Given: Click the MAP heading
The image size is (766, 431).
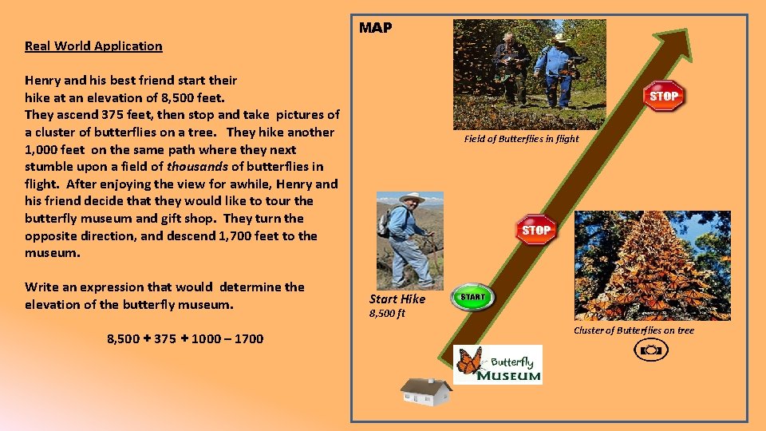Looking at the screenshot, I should point(375,28).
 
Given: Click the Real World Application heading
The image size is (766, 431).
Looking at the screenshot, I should point(93,45).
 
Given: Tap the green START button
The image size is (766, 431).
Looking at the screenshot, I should point(472,297).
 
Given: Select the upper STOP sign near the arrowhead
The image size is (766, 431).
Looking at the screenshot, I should point(664,96).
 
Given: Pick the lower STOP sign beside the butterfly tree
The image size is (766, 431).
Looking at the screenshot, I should point(535,230).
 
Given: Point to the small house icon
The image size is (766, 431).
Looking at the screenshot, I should point(426,391).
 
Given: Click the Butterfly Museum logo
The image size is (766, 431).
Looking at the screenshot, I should point(498,365).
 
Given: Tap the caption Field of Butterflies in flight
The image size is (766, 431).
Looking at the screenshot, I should point(521,139).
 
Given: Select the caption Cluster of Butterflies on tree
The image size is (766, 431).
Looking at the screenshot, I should point(634,330).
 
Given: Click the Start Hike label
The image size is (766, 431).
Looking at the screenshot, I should point(397,299).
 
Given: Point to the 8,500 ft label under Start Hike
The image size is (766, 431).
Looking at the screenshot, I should point(387,313).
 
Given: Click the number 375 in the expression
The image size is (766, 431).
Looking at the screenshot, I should point(165,338).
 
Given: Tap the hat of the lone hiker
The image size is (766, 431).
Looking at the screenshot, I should point(412,197).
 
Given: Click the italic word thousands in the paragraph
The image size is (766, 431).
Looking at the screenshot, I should point(199,167).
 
